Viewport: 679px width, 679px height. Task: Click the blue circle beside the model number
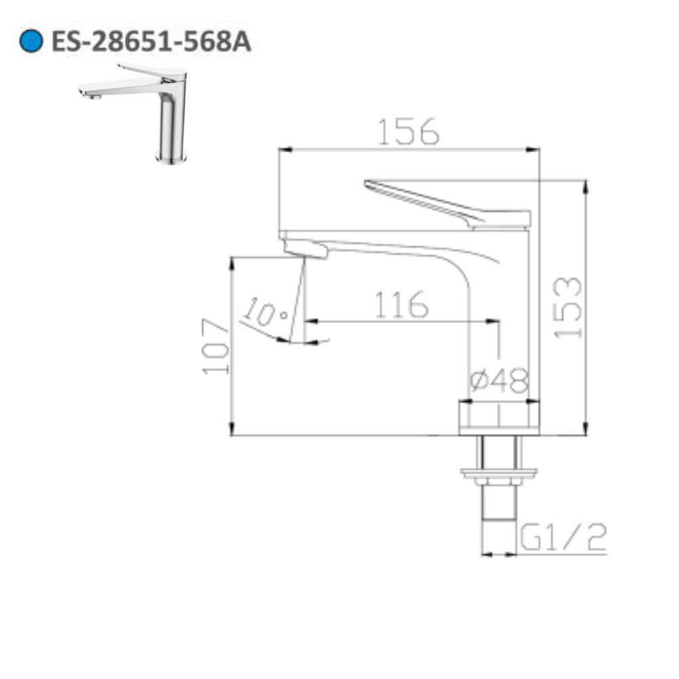tap(32, 42)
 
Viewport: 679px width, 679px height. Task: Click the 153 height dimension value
tap(568, 307)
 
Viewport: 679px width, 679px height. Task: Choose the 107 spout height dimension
tap(216, 346)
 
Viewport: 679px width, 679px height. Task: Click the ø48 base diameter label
tap(499, 383)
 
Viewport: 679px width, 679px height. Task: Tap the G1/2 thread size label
tap(562, 540)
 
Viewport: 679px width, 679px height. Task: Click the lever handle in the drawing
tap(448, 203)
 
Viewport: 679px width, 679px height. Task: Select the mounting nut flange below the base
tap(499, 472)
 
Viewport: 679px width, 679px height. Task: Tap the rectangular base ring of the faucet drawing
tap(499, 417)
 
